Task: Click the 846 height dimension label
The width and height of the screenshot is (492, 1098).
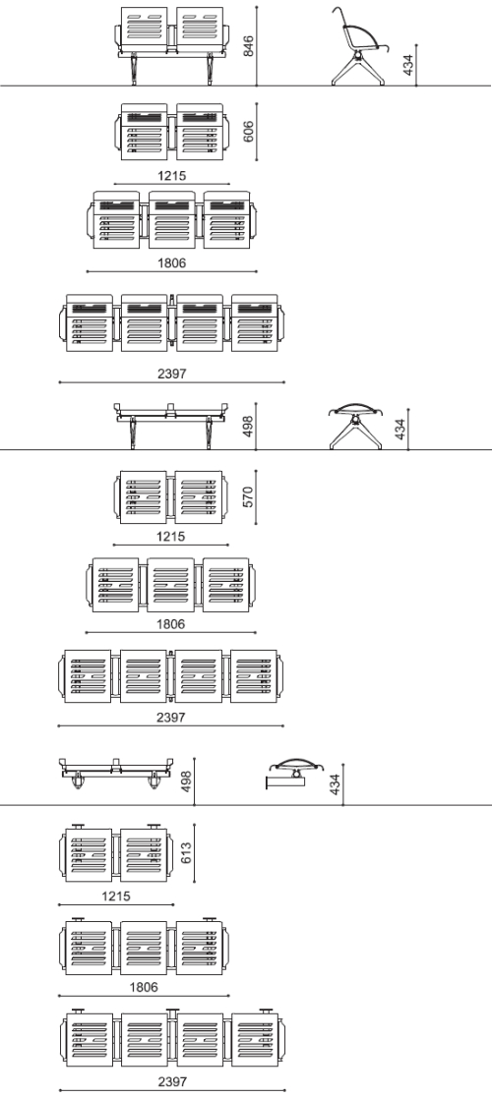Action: tap(248, 45)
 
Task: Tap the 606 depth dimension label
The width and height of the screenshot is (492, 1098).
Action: tap(248, 132)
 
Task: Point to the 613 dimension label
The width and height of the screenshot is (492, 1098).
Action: tap(186, 852)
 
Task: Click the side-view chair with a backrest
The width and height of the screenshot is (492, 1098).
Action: tap(358, 46)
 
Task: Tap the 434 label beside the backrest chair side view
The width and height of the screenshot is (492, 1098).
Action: tap(408, 64)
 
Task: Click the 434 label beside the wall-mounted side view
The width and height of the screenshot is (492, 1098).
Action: tap(335, 784)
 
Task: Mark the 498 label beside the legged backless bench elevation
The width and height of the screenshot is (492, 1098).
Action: tap(248, 427)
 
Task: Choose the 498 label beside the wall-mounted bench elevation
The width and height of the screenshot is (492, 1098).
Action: tap(186, 781)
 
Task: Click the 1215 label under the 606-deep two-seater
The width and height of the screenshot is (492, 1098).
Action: tap(172, 176)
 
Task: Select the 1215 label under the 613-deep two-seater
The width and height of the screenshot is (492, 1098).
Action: tap(116, 896)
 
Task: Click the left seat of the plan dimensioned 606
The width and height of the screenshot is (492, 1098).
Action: tap(145, 132)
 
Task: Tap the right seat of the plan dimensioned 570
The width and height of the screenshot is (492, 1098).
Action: tap(199, 497)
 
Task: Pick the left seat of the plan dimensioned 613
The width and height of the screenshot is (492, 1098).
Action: tap(89, 855)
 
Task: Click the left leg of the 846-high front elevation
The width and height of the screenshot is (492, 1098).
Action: tap(133, 69)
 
